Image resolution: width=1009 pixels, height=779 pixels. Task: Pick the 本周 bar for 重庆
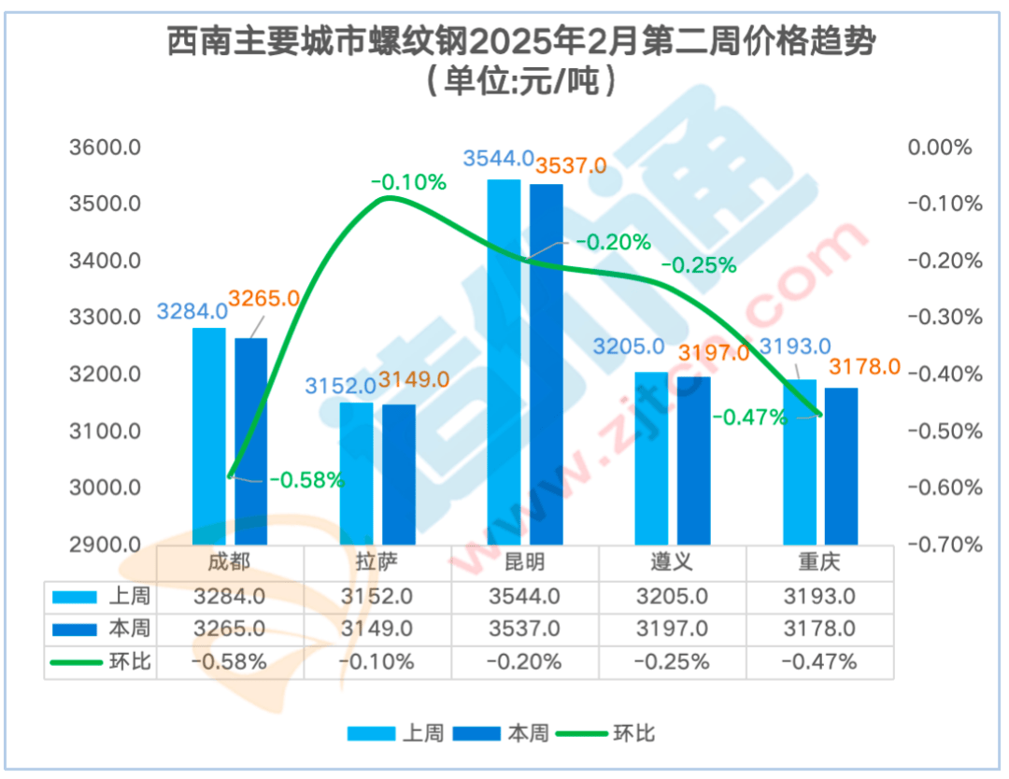coord(841,466)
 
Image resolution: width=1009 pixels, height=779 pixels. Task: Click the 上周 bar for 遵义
coord(651,459)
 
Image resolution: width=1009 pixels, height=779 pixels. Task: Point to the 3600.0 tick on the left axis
coord(105,148)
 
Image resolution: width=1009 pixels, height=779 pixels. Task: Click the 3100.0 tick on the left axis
coord(105,432)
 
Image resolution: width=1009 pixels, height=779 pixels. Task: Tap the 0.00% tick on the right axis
coord(940,148)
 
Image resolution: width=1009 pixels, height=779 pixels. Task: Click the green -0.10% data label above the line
coord(408,183)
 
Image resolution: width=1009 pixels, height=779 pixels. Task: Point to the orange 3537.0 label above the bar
coord(570,166)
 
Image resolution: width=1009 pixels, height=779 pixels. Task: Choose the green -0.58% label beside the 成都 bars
coord(307,481)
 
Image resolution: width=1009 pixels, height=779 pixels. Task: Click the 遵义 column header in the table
coord(672,562)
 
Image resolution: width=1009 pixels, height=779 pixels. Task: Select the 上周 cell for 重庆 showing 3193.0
coord(819,595)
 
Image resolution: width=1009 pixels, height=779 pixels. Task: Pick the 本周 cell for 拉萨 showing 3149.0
coord(377,628)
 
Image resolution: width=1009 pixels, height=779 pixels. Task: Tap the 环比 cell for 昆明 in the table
coord(524,661)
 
